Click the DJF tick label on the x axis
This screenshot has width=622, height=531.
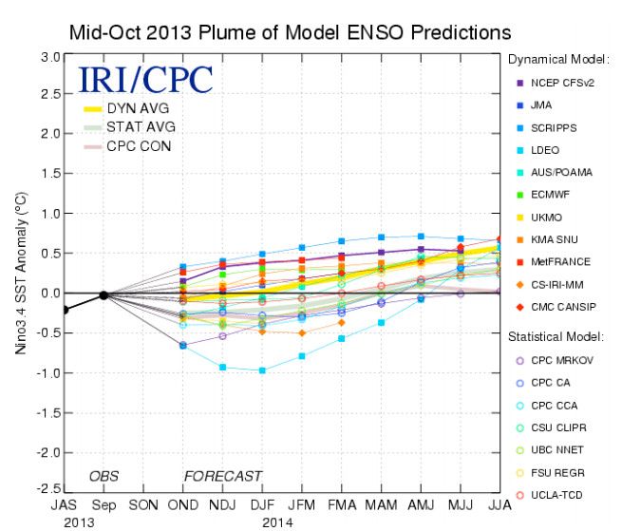point(260,505)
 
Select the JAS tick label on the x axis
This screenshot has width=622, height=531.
point(65,505)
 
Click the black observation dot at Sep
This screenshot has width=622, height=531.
point(104,294)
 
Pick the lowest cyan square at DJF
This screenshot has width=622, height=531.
point(261,370)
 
